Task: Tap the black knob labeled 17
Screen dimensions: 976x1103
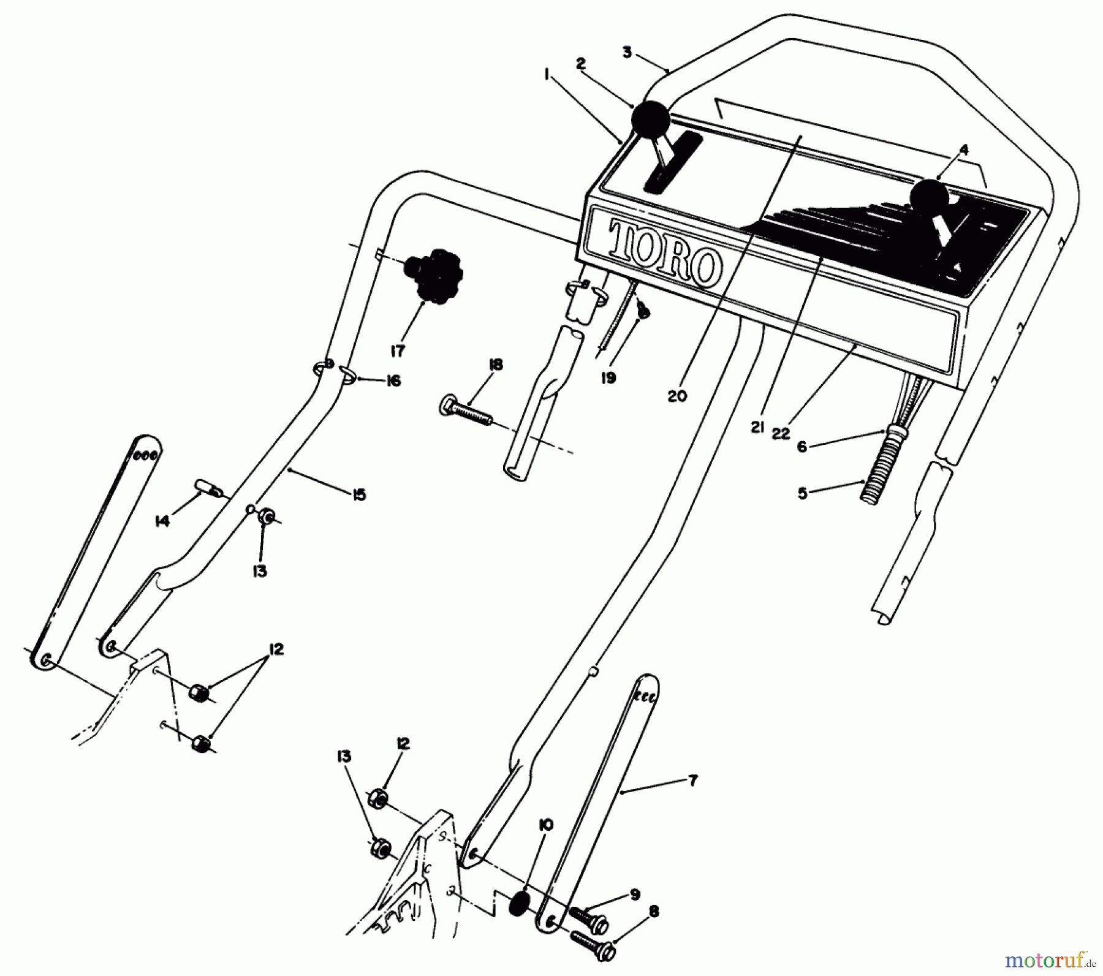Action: [434, 276]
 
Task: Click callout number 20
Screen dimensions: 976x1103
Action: [677, 396]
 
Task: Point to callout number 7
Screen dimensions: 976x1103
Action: [692, 782]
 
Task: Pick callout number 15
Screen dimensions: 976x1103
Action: [359, 494]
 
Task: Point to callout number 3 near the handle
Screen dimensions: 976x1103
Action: [627, 53]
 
